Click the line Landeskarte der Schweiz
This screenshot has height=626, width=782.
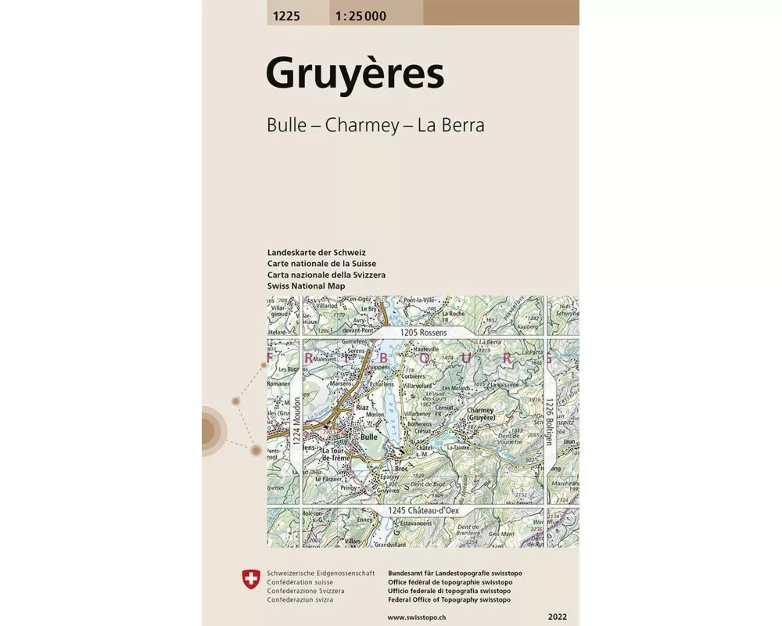pyautogui.click(x=316, y=253)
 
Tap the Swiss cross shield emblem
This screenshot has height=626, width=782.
pyautogui.click(x=250, y=579)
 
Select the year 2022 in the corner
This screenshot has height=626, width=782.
pyautogui.click(x=558, y=617)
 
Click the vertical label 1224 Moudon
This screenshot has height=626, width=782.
pyautogui.click(x=297, y=442)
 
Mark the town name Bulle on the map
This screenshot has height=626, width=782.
pyautogui.click(x=369, y=437)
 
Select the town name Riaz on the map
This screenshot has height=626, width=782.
pyautogui.click(x=362, y=408)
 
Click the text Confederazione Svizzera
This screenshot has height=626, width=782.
pyautogui.click(x=300, y=591)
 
